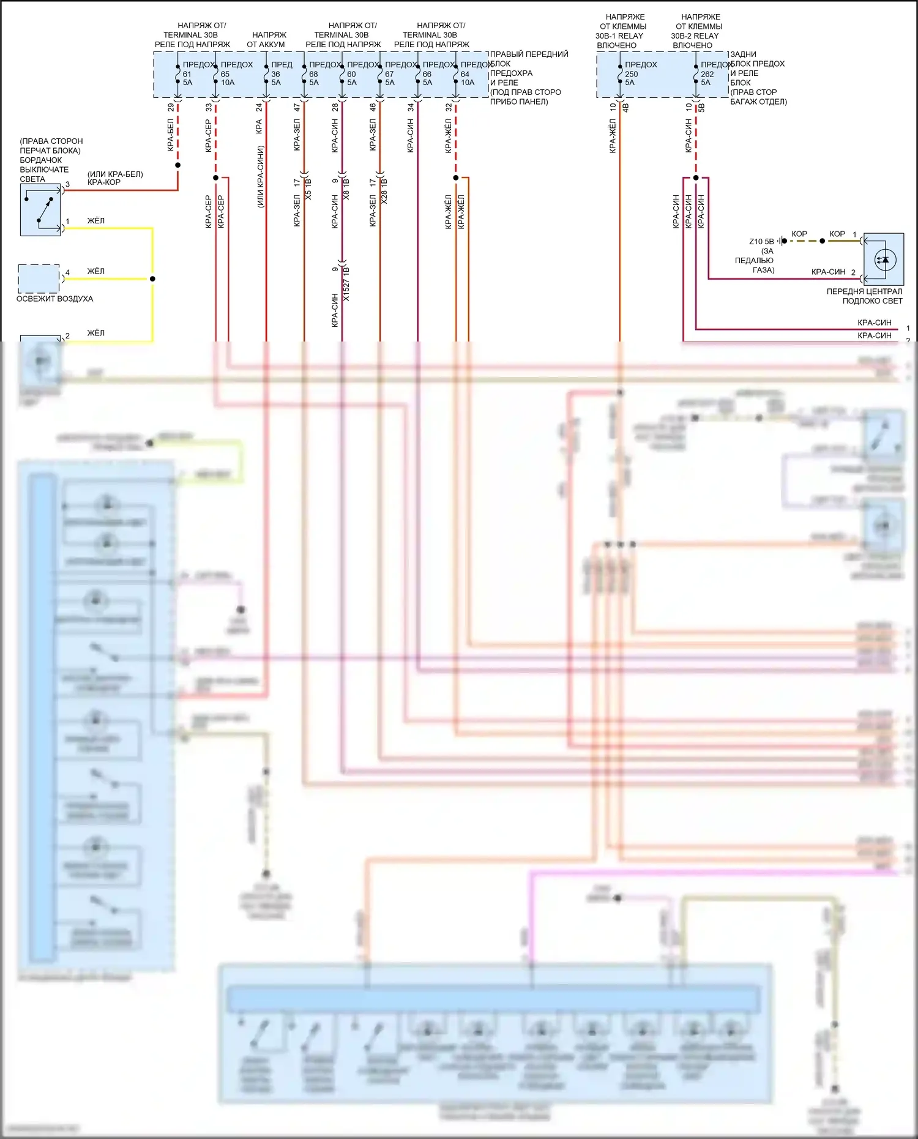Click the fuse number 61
coord(187,74)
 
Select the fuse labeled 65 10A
coord(226,78)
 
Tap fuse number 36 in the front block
coord(275,74)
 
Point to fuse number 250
coord(631,74)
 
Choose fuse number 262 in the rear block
coord(707,74)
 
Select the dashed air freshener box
coord(39,278)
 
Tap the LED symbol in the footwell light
coord(884,260)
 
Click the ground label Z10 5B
coord(761,241)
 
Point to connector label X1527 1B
coord(346,283)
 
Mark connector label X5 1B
coord(308,189)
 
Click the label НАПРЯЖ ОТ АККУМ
coord(267,40)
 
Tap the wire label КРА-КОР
coord(103,182)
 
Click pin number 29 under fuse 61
coord(171,107)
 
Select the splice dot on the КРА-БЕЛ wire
coord(177,165)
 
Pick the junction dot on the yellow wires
coord(152,278)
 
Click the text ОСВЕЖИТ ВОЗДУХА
coord(54,299)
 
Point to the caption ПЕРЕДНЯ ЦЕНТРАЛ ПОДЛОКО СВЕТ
coord(864,296)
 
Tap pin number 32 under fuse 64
coord(449,107)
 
